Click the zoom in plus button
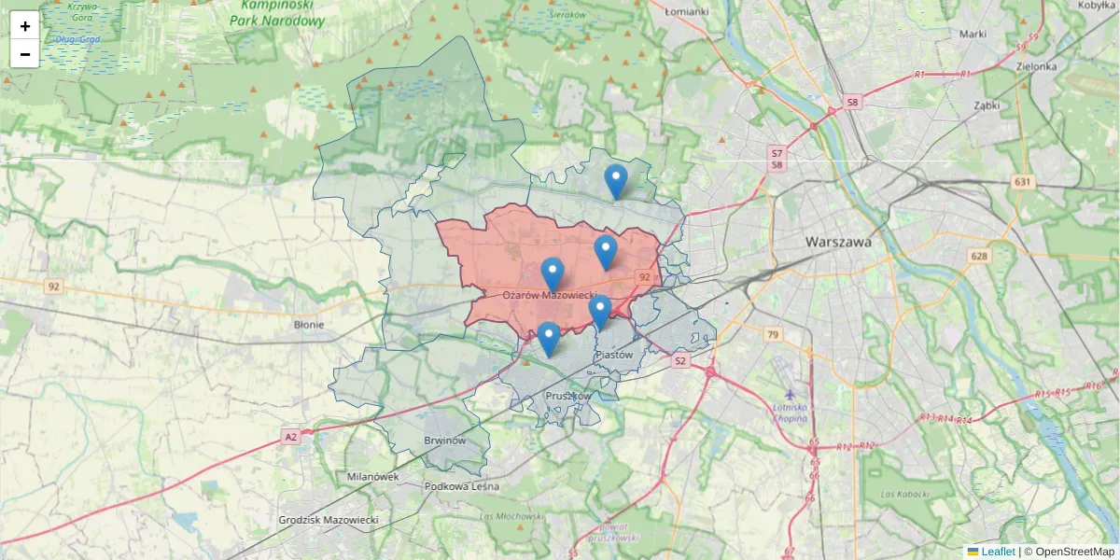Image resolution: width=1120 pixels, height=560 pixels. click(25, 26)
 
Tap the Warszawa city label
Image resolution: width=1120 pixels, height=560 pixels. click(838, 241)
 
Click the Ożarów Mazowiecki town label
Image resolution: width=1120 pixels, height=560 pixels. click(550, 295)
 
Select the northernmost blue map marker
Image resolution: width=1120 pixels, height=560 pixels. click(615, 180)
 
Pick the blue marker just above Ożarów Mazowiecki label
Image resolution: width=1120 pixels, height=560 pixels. click(553, 273)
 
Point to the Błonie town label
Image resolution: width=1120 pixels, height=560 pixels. click(308, 325)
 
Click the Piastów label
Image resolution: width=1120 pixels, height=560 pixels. click(614, 355)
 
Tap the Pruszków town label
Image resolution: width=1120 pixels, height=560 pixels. click(567, 396)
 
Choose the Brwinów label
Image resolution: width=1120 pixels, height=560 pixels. click(444, 441)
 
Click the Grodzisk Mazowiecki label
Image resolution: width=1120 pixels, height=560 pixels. click(328, 519)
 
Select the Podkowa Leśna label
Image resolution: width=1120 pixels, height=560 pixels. click(461, 486)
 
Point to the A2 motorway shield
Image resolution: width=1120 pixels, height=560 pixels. click(291, 437)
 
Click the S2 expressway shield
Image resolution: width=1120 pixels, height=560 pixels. click(679, 360)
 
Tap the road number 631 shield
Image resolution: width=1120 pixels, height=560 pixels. click(1024, 182)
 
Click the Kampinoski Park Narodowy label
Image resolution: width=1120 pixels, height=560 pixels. click(277, 13)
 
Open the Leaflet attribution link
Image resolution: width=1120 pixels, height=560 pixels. click(998, 552)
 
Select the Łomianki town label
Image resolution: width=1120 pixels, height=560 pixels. click(687, 11)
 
